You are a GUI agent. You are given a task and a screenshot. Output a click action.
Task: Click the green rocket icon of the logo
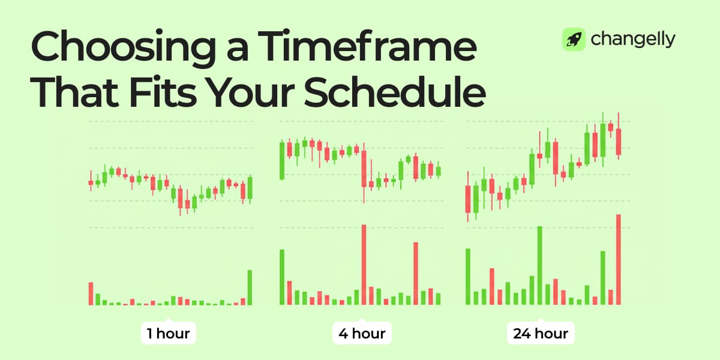pyautogui.click(x=573, y=40)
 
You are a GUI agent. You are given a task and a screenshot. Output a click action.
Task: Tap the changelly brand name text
pyautogui.click(x=633, y=40)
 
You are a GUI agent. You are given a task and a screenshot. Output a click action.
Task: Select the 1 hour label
pyautogui.click(x=169, y=333)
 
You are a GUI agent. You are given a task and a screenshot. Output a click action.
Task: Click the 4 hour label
pyautogui.click(x=362, y=333)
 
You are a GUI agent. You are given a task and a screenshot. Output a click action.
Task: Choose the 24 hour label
pyautogui.click(x=541, y=333)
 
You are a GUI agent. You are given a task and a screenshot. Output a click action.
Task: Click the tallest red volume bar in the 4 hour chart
pyautogui.click(x=364, y=265)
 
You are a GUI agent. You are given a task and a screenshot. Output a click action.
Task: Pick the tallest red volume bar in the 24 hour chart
pyautogui.click(x=619, y=260)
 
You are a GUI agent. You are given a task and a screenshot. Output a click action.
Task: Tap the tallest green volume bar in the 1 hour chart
pyautogui.click(x=250, y=287)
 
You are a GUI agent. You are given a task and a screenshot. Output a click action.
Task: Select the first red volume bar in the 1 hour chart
pyautogui.click(x=91, y=293)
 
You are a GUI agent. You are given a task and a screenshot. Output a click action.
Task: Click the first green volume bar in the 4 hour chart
pyautogui.click(x=282, y=277)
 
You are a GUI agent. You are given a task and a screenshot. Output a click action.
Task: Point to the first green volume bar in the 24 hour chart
pyautogui.click(x=468, y=277)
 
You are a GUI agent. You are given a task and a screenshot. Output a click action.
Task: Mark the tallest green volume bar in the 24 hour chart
pyautogui.click(x=539, y=266)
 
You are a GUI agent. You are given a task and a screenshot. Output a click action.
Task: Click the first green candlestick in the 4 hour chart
pyautogui.click(x=282, y=160)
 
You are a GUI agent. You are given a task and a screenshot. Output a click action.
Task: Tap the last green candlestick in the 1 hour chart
pyautogui.click(x=250, y=187)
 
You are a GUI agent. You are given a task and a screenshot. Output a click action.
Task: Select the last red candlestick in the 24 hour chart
pyautogui.click(x=619, y=141)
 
